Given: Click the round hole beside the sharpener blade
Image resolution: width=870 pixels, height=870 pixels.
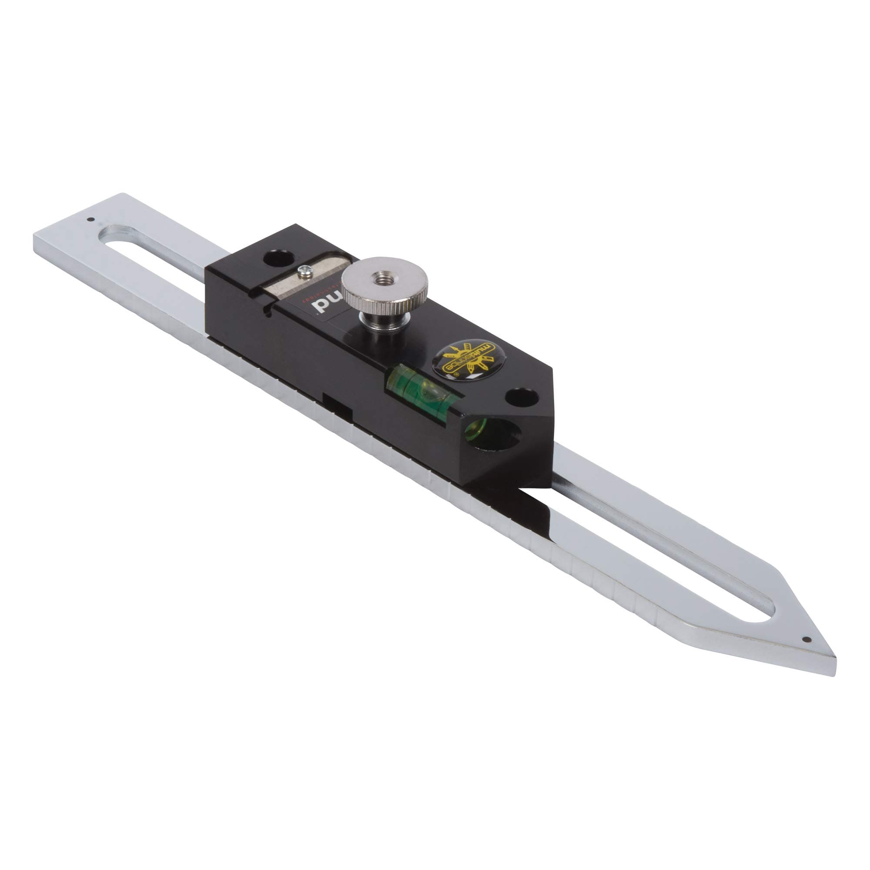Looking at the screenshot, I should pyautogui.click(x=278, y=258).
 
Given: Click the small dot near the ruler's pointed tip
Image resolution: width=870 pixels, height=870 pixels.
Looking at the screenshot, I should pyautogui.click(x=806, y=639).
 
